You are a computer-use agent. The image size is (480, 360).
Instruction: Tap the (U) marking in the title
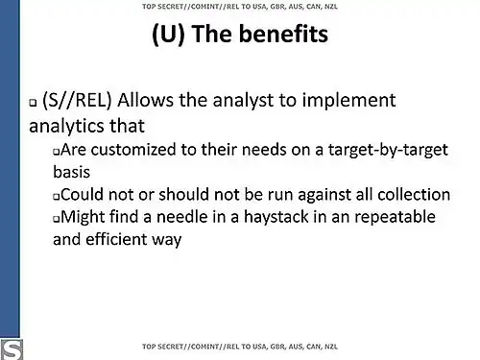click(x=172, y=36)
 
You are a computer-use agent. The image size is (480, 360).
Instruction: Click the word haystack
click(x=295, y=217)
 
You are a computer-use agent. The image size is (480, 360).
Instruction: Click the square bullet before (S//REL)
click(x=34, y=103)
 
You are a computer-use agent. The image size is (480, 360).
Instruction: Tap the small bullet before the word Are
click(x=57, y=153)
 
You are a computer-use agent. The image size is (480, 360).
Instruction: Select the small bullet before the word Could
click(x=57, y=196)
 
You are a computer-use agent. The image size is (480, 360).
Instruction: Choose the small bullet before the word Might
click(x=57, y=219)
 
